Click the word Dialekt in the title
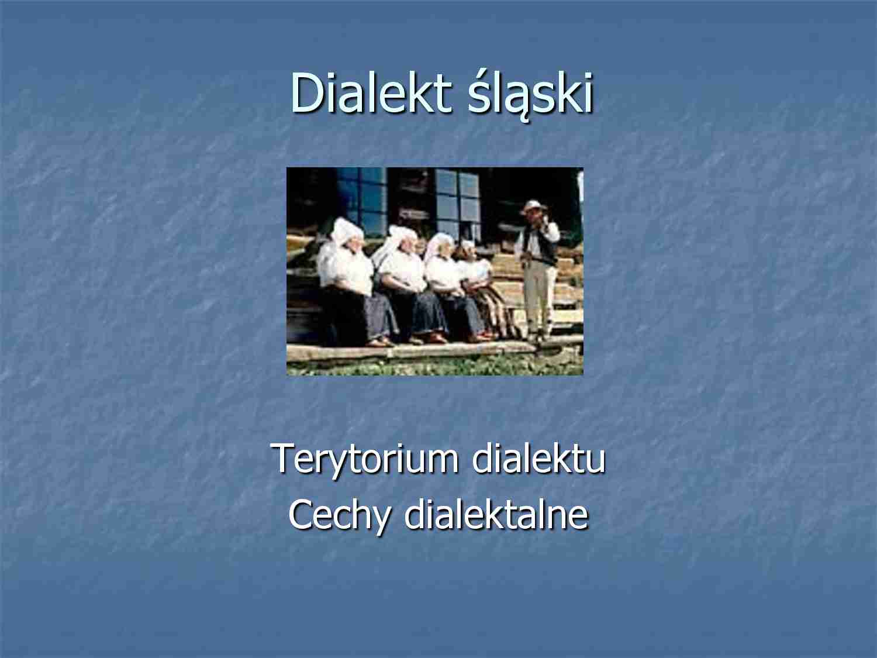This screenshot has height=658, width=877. (x=370, y=94)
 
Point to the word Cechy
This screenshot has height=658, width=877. (x=339, y=515)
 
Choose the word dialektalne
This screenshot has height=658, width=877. (x=496, y=515)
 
